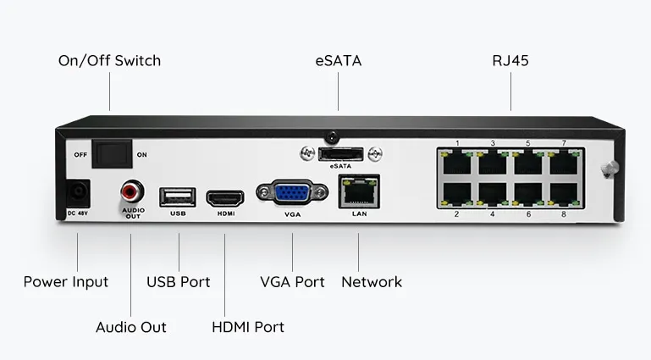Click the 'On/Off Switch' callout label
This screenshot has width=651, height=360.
pos(108,61)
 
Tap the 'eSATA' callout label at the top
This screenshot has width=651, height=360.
pos(338,61)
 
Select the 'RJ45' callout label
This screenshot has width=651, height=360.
pos(510,61)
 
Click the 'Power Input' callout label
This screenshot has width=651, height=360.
pos(66,281)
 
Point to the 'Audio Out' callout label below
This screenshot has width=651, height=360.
pos(131,327)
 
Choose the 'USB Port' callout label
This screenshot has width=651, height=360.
pos(179,281)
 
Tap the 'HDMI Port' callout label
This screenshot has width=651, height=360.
pos(247,327)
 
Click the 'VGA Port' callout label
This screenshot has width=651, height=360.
pos(292,281)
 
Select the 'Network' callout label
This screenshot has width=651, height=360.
pos(372,281)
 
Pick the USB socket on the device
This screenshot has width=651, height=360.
pos(178,197)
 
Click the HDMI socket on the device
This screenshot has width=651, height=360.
pos(225,197)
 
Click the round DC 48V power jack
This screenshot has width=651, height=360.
pos(77,191)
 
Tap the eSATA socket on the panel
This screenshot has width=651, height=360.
pos(340,153)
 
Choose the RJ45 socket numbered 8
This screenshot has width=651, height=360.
pos(563,196)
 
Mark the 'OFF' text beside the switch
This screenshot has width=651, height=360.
pos(81,155)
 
